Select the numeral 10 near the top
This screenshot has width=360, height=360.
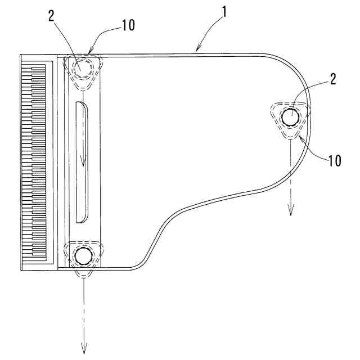(x=128, y=25)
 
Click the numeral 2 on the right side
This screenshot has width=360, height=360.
(x=332, y=79)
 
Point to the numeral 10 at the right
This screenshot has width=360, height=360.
(x=334, y=160)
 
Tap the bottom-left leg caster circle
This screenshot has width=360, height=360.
(x=83, y=256)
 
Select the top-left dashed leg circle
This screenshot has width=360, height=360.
(x=83, y=67)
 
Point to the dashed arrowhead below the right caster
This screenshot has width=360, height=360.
(x=291, y=211)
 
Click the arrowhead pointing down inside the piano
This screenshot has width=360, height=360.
(x=83, y=163)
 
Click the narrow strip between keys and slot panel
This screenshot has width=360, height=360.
(x=62, y=163)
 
